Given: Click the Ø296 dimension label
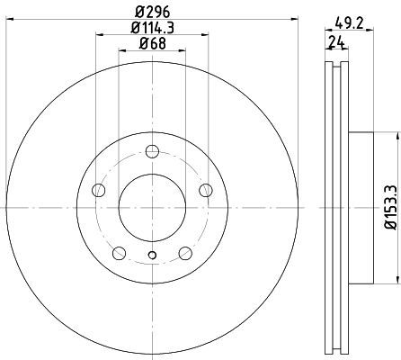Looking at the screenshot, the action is (x=152, y=13).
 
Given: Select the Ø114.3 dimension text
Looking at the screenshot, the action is (x=152, y=28).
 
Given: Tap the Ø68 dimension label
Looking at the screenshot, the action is (x=152, y=44).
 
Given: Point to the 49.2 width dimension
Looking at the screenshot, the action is (x=350, y=23).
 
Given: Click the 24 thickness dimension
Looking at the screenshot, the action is (x=335, y=41).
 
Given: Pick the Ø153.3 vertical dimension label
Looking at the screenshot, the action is (x=392, y=207).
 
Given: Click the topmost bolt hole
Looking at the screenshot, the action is (x=152, y=151).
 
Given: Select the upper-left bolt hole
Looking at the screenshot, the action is (x=99, y=190).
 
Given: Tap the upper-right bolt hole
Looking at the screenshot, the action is (x=206, y=190).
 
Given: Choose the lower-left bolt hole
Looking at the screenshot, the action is (x=119, y=253).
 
